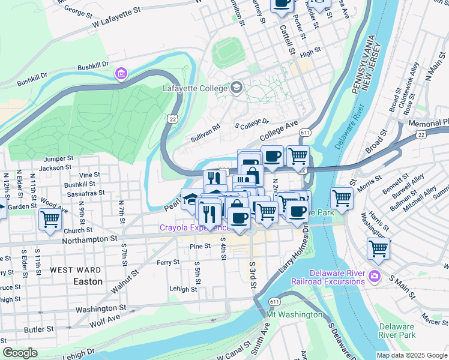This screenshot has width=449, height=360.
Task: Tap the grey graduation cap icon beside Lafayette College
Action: pos(237,89)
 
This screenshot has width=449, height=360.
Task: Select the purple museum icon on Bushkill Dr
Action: pos(121,73)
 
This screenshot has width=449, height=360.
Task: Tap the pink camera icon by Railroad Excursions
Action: pos(375,276)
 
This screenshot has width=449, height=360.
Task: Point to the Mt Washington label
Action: pos(294,315)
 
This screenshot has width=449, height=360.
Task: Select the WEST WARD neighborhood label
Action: pos(76,271)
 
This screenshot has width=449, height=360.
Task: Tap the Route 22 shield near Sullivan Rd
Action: pos(172,121)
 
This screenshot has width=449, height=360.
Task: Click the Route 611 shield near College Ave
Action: pos(305,133)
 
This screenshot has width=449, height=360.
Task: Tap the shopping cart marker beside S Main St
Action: pos(379,247)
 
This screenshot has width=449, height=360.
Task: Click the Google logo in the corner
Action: pos(20,353)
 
